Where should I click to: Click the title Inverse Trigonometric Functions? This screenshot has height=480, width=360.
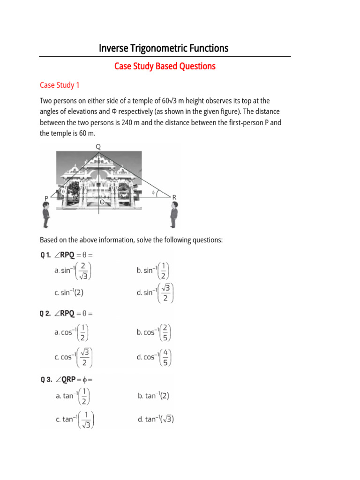[164, 48]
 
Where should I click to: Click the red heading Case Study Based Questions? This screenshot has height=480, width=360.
[165, 67]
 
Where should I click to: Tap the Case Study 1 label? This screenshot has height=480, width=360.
[60, 85]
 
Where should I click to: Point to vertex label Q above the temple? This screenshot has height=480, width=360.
[98, 147]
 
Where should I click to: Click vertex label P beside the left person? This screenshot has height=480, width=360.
[46, 198]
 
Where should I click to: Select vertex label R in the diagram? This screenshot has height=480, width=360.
[174, 197]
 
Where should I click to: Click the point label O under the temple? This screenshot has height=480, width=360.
[102, 202]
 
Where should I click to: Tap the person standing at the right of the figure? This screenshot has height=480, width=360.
[174, 216]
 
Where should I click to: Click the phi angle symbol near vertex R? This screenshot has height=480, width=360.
[153, 192]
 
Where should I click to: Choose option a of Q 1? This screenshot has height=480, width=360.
[73, 270]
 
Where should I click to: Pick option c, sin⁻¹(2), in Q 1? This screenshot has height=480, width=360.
[69, 292]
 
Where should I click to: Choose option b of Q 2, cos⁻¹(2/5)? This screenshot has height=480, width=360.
[154, 332]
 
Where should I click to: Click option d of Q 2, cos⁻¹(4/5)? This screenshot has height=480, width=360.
[154, 357]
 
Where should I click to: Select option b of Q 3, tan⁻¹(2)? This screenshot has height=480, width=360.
[154, 396]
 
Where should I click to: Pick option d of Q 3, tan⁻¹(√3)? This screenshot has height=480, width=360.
[156, 419]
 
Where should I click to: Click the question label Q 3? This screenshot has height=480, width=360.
[46, 380]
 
